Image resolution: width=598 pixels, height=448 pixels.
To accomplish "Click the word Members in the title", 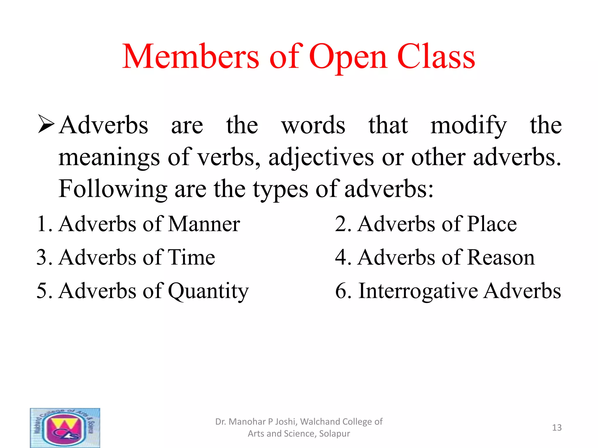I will [190, 57].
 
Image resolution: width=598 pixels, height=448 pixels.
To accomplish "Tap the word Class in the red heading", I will [436, 57].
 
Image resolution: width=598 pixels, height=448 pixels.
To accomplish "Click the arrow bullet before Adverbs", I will [46, 124].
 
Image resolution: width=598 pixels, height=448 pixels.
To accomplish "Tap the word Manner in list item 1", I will [204, 224].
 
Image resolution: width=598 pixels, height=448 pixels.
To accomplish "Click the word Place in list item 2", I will [492, 224].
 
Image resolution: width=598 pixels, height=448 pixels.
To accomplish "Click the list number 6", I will [341, 291].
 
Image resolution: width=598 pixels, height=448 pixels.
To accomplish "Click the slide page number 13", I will [557, 428].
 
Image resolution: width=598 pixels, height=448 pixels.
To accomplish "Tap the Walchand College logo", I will [65, 428].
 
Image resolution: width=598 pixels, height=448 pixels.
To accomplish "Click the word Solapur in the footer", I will [334, 434].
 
